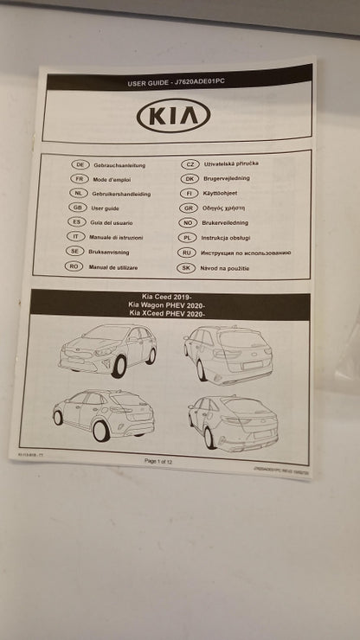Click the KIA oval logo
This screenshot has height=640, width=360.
pyautogui.click(x=173, y=115)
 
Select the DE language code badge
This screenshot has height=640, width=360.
pyautogui.click(x=79, y=164)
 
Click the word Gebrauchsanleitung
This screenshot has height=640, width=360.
pyautogui.click(x=119, y=164)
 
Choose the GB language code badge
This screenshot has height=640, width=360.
pyautogui.click(x=78, y=208)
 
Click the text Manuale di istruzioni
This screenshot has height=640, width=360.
pyautogui.click(x=117, y=237)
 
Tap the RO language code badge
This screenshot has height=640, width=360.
pyautogui.click(x=75, y=266)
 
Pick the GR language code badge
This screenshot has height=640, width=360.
pyautogui.click(x=189, y=208)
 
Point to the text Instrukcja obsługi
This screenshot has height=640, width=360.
pyautogui.click(x=227, y=237)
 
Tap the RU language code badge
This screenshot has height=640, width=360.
pyautogui.click(x=187, y=253)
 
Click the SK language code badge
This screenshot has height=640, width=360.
pyautogui.click(x=187, y=267)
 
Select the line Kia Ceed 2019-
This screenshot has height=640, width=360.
pyautogui.click(x=169, y=297)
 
